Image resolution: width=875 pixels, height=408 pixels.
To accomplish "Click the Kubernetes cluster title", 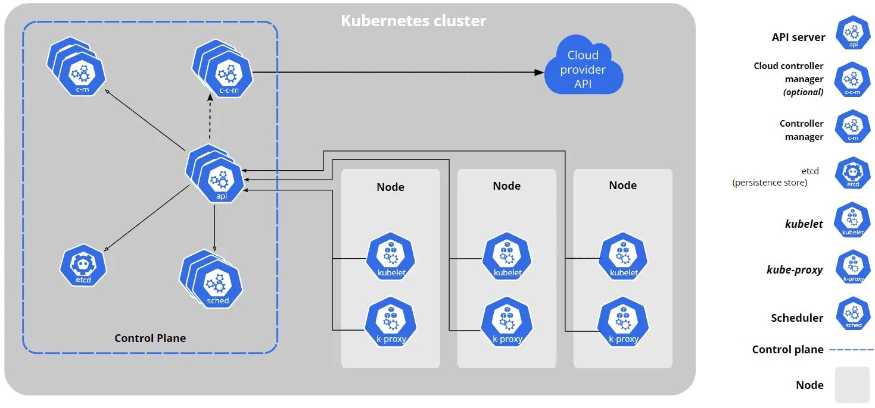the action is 413,21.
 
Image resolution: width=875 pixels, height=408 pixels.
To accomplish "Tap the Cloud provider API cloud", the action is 583,65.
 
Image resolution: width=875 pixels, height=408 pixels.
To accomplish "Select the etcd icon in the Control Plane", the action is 83,266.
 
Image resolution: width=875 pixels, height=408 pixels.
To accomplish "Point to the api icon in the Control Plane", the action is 214,174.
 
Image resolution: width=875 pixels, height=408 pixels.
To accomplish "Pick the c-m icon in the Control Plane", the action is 76,67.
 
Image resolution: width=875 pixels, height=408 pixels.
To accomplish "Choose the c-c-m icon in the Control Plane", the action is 222,68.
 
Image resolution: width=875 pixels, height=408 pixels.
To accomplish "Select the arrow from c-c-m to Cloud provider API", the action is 398,72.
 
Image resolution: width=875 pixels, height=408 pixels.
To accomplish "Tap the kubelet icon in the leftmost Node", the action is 391,256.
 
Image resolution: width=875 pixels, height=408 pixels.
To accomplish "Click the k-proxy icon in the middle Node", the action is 507,321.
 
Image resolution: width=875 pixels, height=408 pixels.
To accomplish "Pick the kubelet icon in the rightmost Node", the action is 623,256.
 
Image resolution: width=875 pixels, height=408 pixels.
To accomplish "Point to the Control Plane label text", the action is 150,338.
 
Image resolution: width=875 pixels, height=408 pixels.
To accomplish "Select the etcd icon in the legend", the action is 853,173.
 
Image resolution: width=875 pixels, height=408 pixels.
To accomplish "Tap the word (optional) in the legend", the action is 803,92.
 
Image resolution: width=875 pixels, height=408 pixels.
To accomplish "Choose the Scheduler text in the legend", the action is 797,318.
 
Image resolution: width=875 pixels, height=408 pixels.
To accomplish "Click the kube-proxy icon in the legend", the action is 854,267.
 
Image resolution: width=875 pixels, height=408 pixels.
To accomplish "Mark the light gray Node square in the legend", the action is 852,385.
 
